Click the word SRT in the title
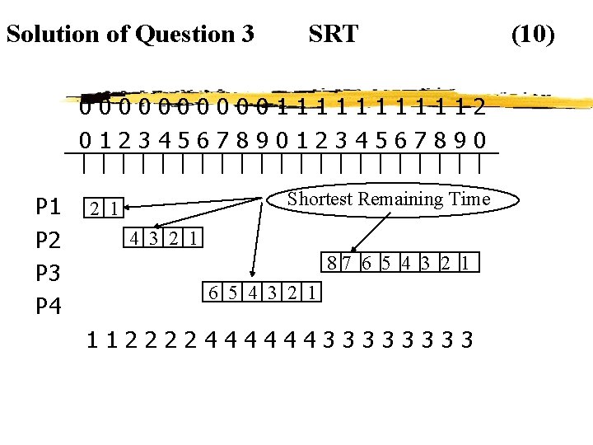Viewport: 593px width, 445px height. pyautogui.click(x=333, y=35)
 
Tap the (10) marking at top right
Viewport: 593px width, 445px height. pyautogui.click(x=533, y=35)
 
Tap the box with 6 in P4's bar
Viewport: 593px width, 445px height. pyautogui.click(x=212, y=292)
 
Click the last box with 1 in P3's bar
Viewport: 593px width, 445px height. pyautogui.click(x=467, y=265)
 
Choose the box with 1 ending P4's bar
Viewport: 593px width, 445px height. pyautogui.click(x=314, y=292)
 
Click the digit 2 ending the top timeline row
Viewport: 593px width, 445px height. pyautogui.click(x=479, y=108)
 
